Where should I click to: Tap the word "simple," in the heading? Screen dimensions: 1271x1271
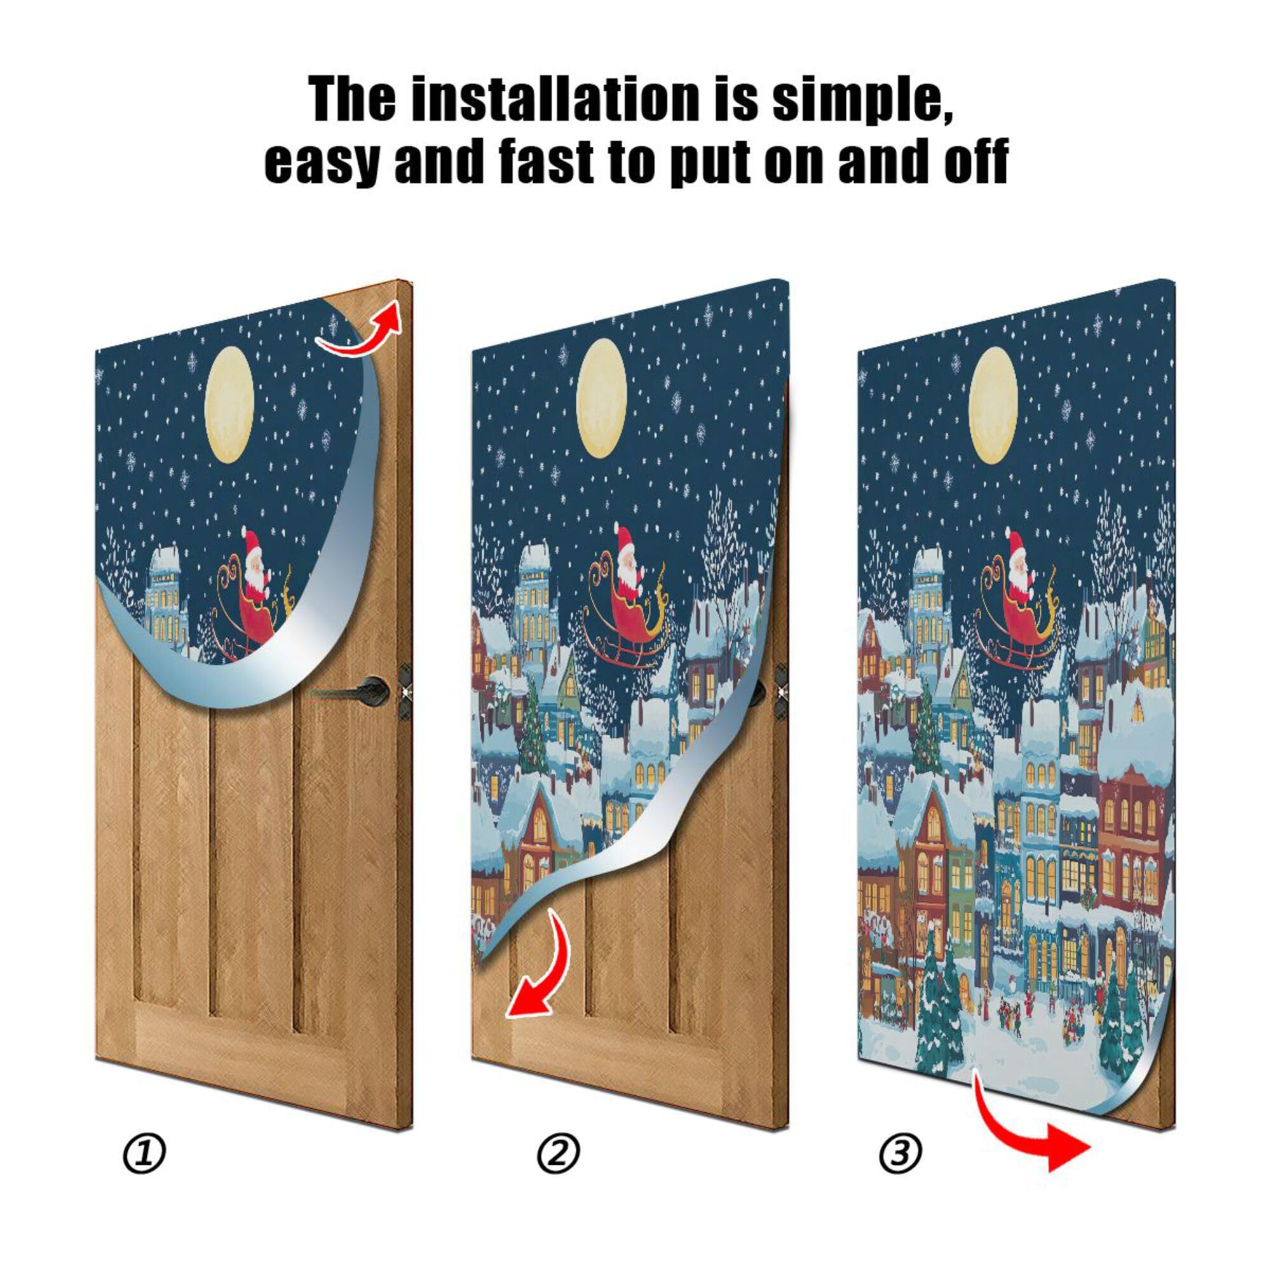point(862,100)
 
